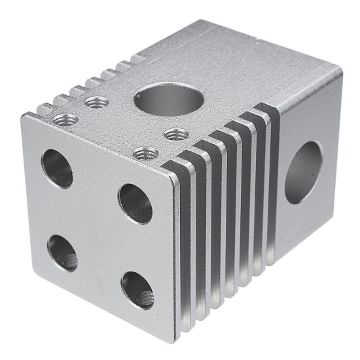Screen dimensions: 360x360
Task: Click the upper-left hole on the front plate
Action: point(57,168)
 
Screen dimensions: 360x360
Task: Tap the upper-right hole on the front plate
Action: point(135,203)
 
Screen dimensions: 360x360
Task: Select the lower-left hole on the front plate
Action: point(63,253)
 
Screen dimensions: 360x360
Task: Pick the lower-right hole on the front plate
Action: point(137,289)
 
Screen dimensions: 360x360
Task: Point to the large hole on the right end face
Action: point(303,172)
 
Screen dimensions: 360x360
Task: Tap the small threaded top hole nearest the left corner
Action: point(65,119)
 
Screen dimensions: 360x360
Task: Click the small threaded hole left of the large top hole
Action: point(97,102)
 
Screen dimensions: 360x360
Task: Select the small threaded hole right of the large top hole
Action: point(176,134)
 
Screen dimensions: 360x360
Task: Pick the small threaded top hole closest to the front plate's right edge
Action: point(145,153)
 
